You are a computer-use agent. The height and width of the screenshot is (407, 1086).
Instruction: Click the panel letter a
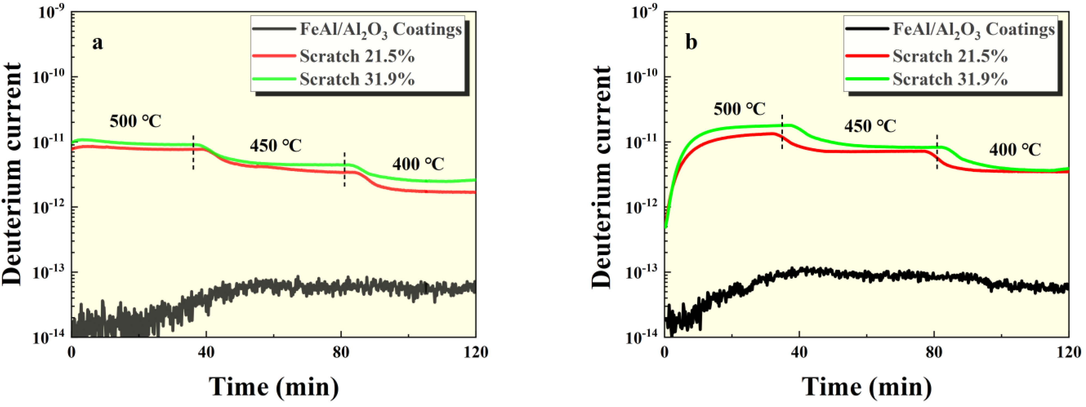[x=97, y=43]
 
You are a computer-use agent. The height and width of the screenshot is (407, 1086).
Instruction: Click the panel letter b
[x=691, y=43]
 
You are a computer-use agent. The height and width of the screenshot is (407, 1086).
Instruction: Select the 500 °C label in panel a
[x=135, y=121]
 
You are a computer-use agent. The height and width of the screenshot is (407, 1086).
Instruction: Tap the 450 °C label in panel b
[x=870, y=126]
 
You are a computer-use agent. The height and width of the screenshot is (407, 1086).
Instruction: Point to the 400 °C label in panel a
[x=418, y=164]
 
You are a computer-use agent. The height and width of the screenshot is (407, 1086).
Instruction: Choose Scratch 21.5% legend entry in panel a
[x=357, y=56]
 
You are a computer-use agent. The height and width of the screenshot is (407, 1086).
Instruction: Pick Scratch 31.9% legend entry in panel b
[x=950, y=79]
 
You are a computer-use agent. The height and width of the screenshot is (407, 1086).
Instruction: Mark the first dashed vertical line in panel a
[x=193, y=153]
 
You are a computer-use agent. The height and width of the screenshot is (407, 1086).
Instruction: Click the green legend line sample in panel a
[x=273, y=79]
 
